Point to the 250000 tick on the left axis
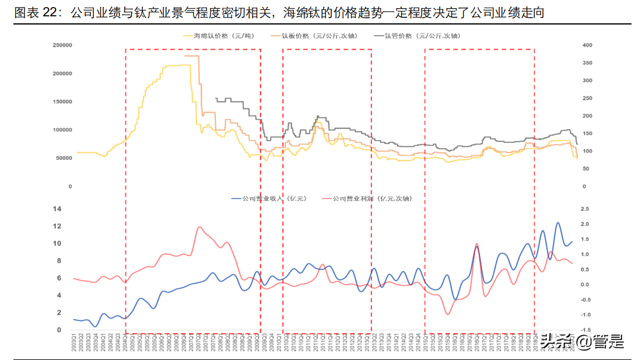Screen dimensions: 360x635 tap(62, 45)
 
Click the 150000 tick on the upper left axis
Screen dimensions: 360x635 tap(62, 102)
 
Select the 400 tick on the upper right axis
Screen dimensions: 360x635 tap(587, 45)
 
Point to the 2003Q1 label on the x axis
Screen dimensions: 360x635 tap(74, 342)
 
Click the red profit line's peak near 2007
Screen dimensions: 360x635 tap(200, 227)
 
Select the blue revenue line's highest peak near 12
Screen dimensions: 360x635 tap(558, 223)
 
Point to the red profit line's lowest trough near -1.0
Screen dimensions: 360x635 tap(448, 314)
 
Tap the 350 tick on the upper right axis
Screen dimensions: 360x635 tap(587, 62)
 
